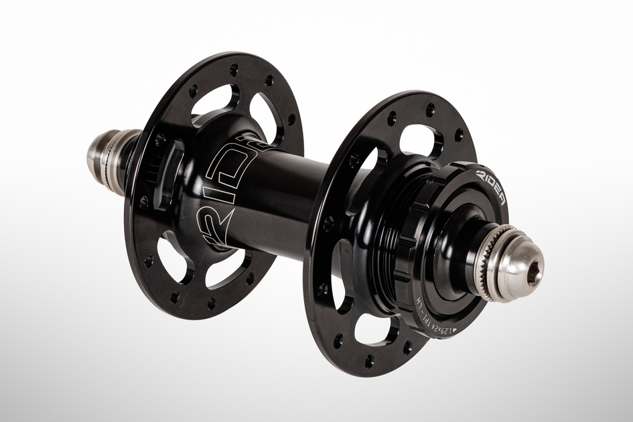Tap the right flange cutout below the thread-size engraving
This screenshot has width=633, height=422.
[375, 328]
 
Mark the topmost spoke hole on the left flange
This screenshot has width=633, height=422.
[234, 69]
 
